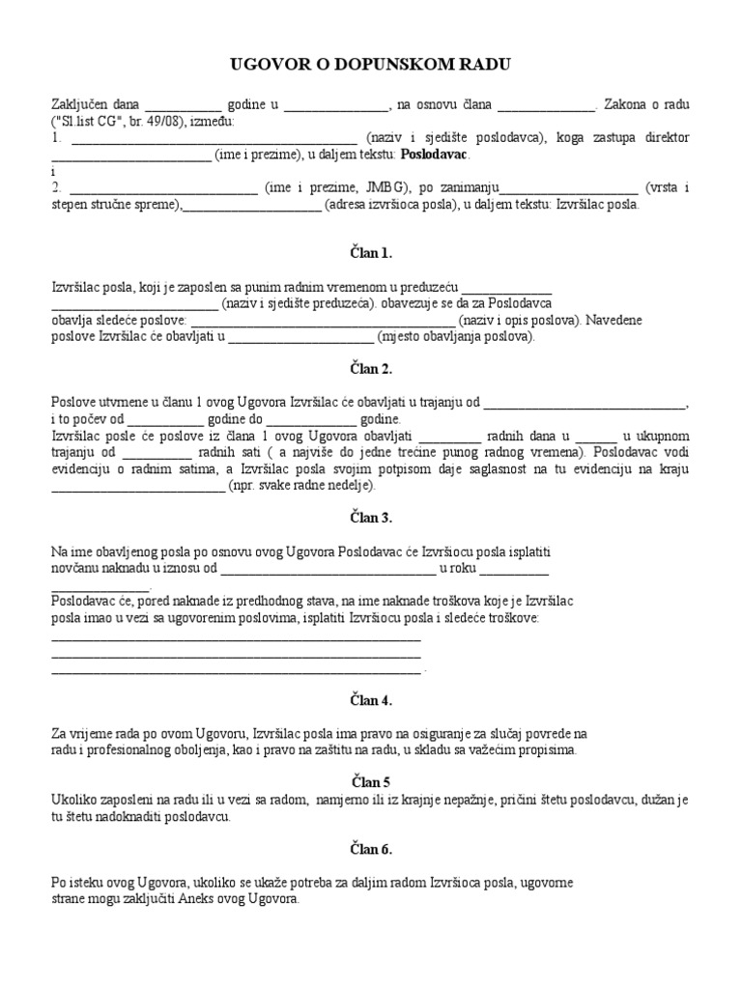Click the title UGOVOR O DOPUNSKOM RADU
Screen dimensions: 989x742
coord(370,65)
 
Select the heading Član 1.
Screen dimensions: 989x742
coord(370,253)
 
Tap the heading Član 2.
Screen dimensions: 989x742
coord(370,369)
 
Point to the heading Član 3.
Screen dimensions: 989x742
coord(370,518)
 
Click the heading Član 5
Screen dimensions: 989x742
coord(370,781)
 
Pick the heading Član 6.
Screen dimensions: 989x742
coord(370,849)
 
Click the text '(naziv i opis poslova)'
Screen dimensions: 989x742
coord(519,321)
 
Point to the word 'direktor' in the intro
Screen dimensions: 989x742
coord(666,138)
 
